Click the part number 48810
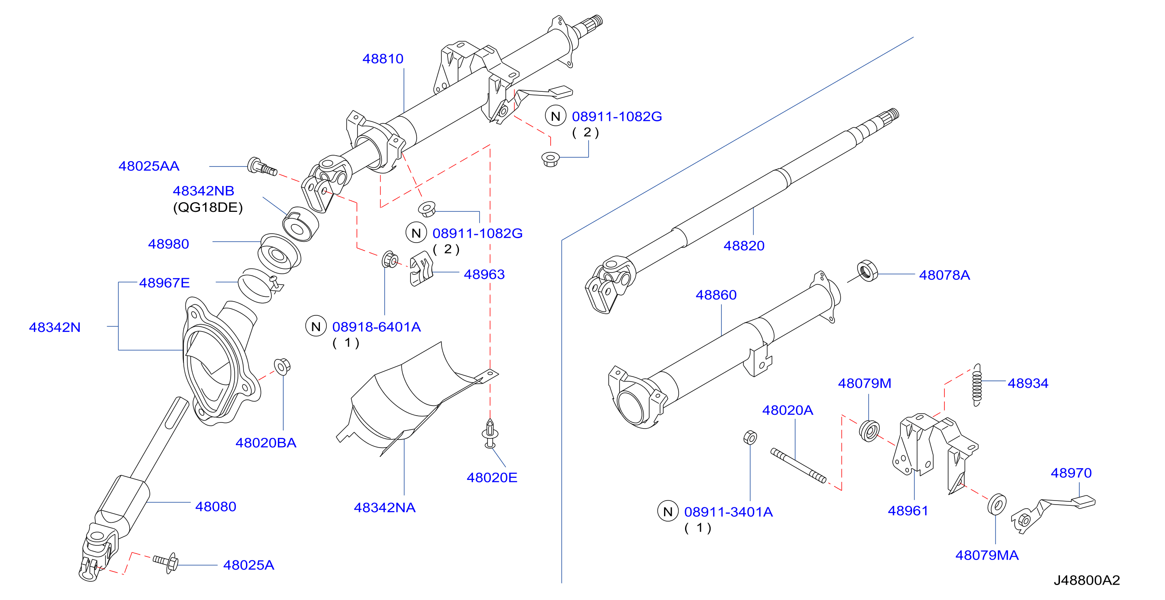point(383,59)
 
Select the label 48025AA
point(149,166)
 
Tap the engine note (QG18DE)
point(208,207)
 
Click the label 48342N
point(55,327)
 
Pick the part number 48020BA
point(266,443)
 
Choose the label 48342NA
point(385,508)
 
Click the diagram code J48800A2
point(1087,581)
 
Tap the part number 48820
point(744,246)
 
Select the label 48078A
point(944,275)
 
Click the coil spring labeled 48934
point(977,385)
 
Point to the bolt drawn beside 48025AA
point(262,167)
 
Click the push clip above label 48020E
point(490,433)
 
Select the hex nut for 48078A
point(867,270)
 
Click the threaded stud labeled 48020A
point(798,466)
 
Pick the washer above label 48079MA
point(997,504)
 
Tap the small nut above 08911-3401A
point(750,437)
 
